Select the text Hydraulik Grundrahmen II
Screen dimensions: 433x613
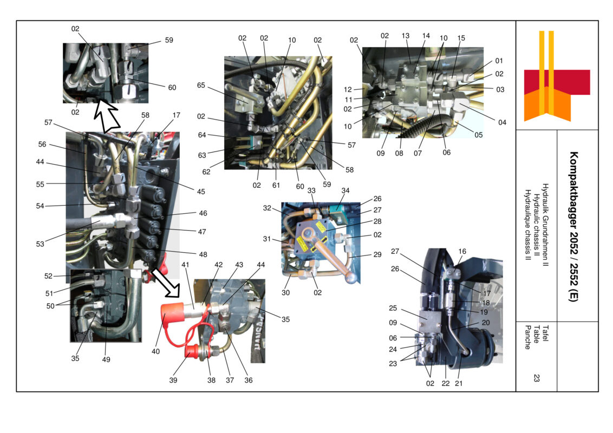pyautogui.click(x=545, y=226)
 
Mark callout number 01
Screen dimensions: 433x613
pyautogui.click(x=499, y=61)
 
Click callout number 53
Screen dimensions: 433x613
pyautogui.click(x=40, y=244)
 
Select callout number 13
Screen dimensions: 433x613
pyautogui.click(x=406, y=35)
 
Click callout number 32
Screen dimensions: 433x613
pyautogui.click(x=268, y=207)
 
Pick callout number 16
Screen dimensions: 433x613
pyautogui.click(x=462, y=251)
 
